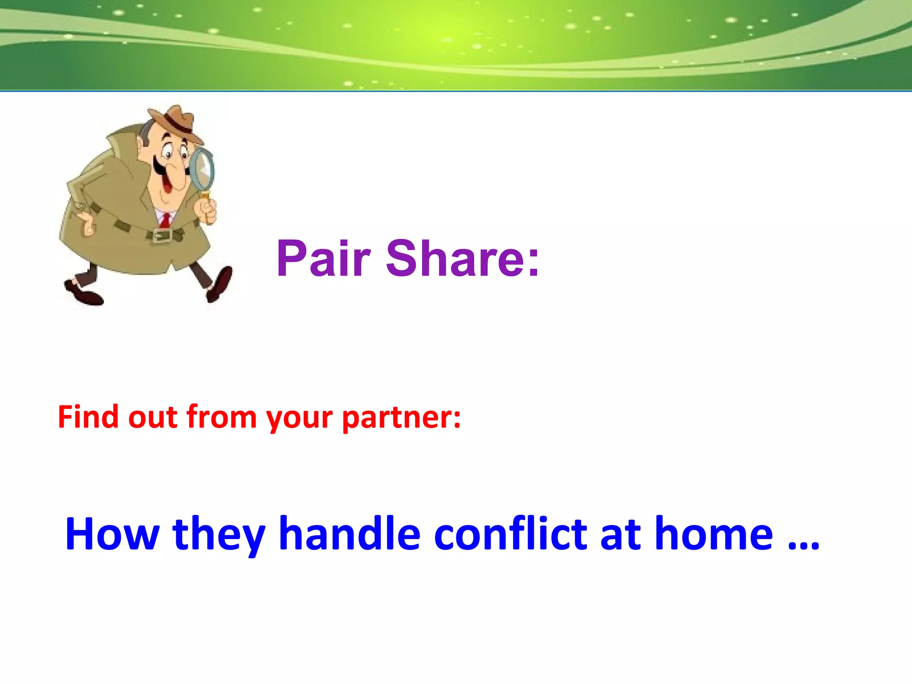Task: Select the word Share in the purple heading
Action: point(463,258)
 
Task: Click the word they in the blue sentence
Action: point(219,534)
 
